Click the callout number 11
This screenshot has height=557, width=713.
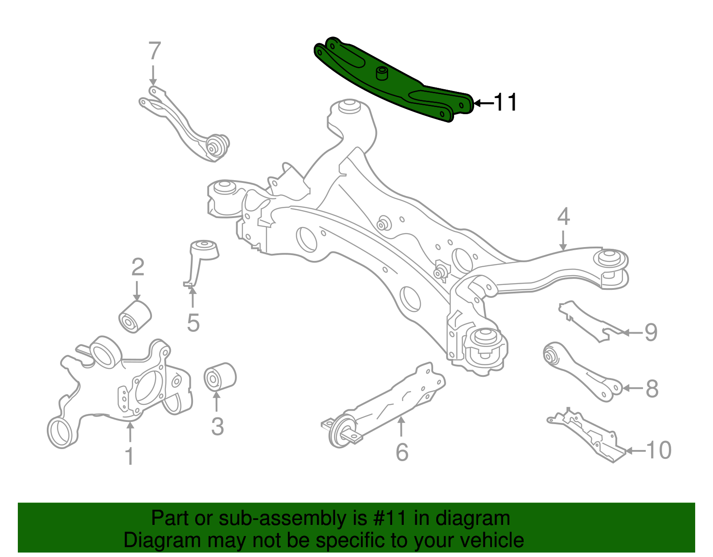click(506, 103)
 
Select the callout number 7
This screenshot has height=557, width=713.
click(154, 51)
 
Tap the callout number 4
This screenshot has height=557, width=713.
click(563, 217)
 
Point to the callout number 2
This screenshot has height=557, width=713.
click(138, 267)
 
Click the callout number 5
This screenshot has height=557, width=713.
click(193, 323)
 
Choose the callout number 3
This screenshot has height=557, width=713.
click(217, 427)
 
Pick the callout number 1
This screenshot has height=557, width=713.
click(129, 456)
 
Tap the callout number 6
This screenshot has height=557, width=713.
click(402, 452)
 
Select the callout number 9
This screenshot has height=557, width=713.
click(651, 333)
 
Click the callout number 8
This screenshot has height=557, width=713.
click(652, 389)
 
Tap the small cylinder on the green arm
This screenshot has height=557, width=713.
click(382, 73)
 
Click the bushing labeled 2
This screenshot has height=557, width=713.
click(135, 317)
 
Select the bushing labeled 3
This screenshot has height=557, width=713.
click(220, 377)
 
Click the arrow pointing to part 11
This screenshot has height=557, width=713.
click(483, 103)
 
